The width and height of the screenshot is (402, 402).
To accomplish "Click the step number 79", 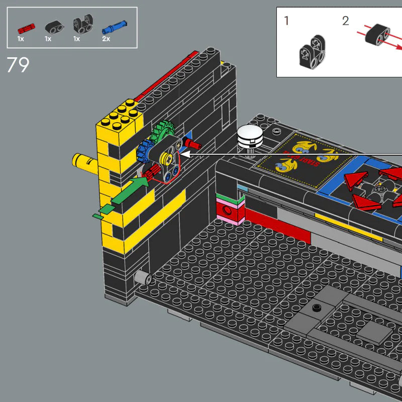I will tap(18, 65).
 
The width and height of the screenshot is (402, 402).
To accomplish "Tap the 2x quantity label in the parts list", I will tap(106, 39).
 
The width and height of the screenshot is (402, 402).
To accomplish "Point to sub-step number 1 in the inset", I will tap(286, 21).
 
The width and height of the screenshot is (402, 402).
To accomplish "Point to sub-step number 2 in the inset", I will tap(345, 21).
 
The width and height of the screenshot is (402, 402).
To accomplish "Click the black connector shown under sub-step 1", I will tap(311, 56).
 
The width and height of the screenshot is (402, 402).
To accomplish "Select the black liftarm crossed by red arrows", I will tap(377, 36).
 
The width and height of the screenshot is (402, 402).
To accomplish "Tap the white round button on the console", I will tap(251, 135).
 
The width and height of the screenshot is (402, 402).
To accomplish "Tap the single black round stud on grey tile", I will tap(316, 307).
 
